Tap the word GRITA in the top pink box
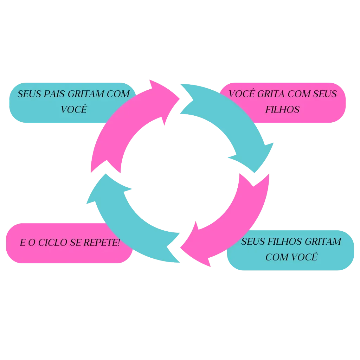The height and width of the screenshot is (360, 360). click(270, 94)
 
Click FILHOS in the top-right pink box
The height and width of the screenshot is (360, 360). click(282, 110)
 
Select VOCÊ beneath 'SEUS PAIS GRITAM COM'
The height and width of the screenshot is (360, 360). click(73, 109)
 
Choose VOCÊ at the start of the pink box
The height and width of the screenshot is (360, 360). click(243, 94)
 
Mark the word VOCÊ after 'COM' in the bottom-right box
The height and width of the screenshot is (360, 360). click(305, 257)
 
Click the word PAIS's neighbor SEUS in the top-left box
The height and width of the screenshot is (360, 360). click(30, 94)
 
